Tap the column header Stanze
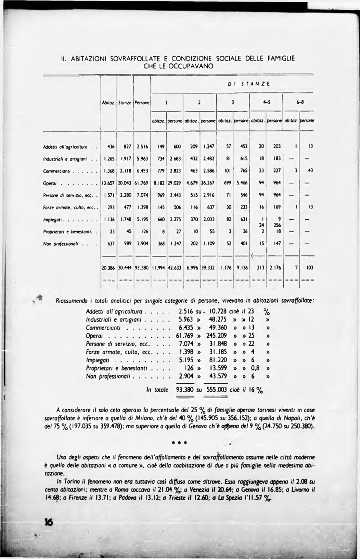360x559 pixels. pyautogui.click(x=125, y=102)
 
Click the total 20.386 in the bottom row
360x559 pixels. pyautogui.click(x=108, y=268)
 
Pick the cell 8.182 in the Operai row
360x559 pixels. pyautogui.click(x=159, y=183)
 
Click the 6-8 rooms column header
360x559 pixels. pyautogui.click(x=299, y=102)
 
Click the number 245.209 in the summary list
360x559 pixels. pyautogui.click(x=216, y=336)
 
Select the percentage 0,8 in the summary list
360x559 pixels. pyautogui.click(x=255, y=368)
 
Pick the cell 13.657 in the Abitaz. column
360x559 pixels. pyautogui.click(x=108, y=183)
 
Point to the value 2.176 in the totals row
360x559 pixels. pyautogui.click(x=275, y=268)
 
